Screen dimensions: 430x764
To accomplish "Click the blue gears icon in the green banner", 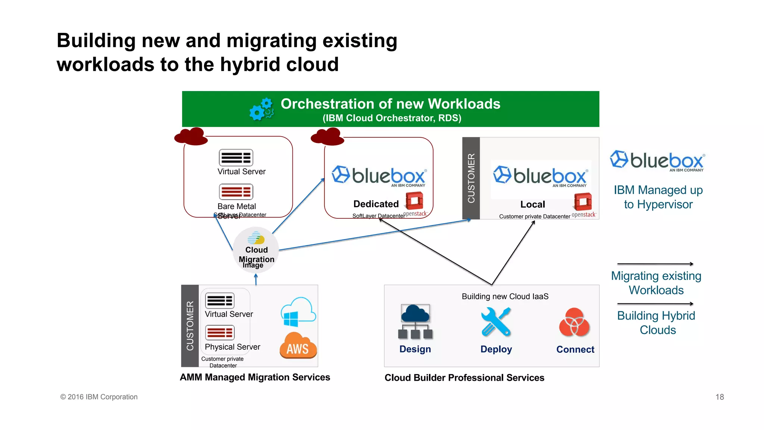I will click(262, 109).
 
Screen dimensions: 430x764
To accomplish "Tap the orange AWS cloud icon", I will click(298, 346).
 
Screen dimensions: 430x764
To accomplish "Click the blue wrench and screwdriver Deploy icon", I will click(496, 321).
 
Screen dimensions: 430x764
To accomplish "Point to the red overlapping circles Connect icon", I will click(574, 322).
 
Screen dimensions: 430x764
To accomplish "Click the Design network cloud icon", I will click(415, 321).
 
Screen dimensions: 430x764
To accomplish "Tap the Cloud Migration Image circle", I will click(256, 250).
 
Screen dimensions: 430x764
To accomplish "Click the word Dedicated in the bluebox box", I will click(376, 204).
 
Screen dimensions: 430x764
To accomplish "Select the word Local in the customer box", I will click(532, 205).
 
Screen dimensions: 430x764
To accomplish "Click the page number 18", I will click(719, 397).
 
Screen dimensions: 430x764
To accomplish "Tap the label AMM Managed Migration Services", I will click(255, 377).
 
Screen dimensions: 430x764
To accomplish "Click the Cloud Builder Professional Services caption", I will click(464, 378).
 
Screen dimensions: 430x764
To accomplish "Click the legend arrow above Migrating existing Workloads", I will click(655, 264).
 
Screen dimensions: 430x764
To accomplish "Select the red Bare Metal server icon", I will click(236, 192).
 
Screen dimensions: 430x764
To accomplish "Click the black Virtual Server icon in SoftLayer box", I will click(236, 158).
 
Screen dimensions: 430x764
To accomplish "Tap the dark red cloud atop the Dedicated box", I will click(327, 137).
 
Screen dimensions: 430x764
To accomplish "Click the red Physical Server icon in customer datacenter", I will click(220, 332).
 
